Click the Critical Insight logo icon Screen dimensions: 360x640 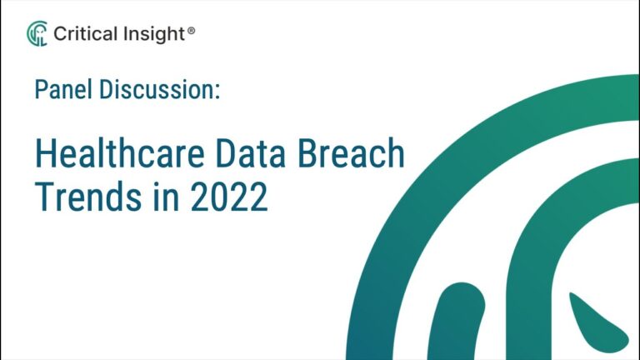tap(37, 33)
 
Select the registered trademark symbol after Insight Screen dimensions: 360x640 tap(192, 30)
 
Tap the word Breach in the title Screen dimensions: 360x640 tap(363, 157)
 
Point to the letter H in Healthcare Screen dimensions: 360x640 tap(45, 157)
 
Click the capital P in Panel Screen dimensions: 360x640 tap(40, 90)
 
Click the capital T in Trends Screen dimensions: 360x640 tap(43, 197)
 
